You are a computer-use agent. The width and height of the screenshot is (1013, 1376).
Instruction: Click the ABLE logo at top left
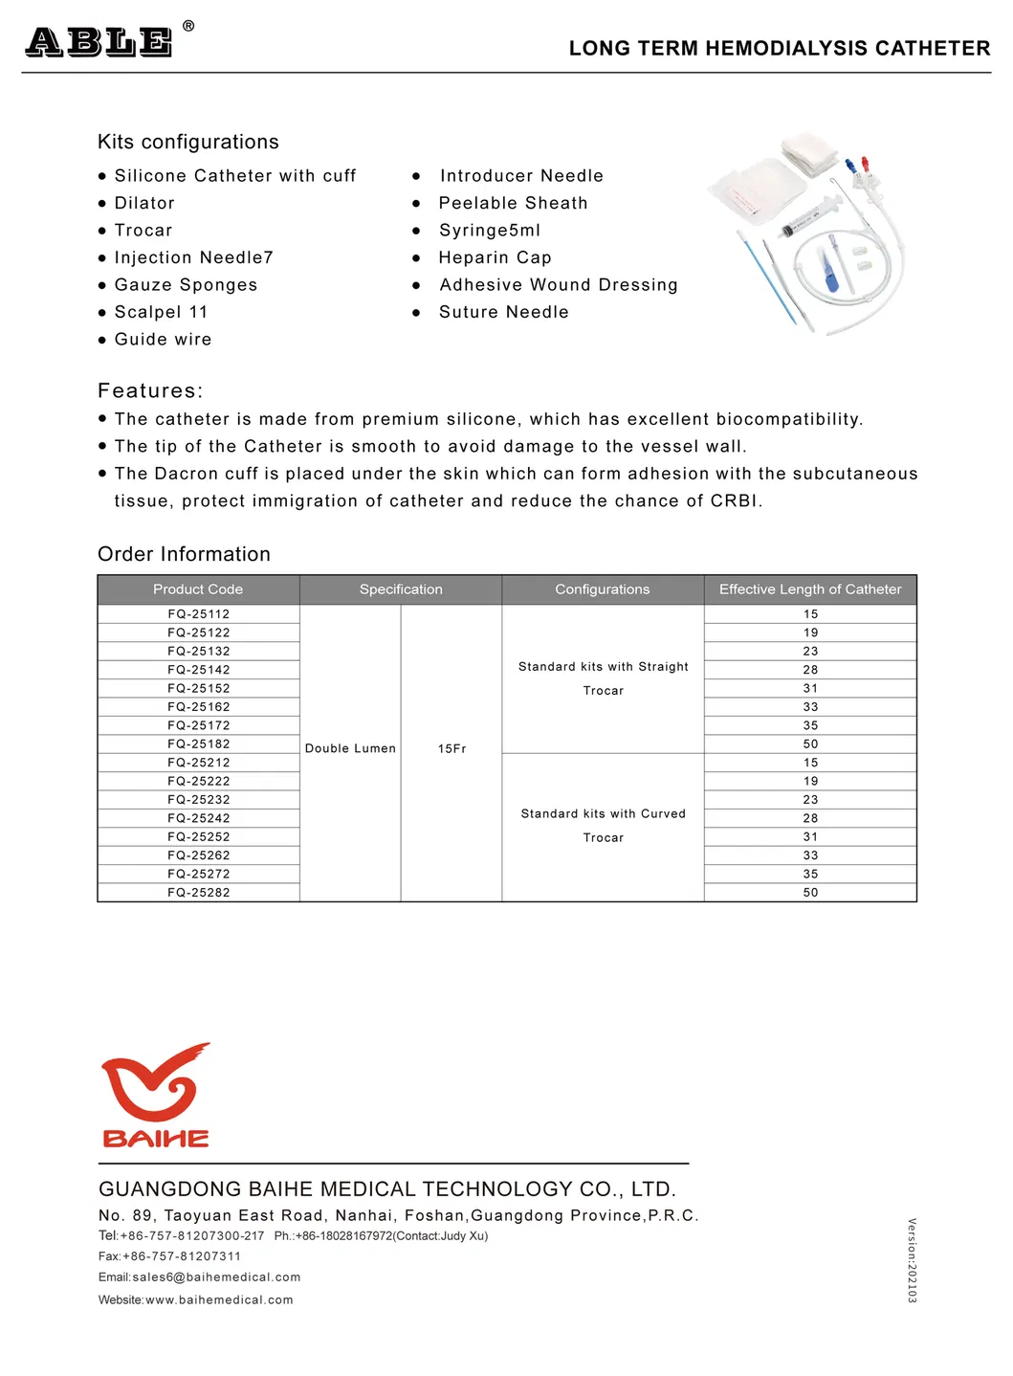99,42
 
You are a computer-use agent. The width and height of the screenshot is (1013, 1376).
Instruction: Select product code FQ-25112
198,614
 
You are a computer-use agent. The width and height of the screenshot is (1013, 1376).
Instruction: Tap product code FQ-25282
198,893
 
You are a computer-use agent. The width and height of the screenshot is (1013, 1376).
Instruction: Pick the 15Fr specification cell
451,749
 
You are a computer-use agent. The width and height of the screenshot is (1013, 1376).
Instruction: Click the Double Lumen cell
350,749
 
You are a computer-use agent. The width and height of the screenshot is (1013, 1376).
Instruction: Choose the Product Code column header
198,589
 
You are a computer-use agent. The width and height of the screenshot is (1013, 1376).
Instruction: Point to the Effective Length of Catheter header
810,589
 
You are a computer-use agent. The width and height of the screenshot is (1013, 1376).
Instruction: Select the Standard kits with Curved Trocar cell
603,825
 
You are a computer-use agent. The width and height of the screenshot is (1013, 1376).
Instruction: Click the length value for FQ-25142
810,670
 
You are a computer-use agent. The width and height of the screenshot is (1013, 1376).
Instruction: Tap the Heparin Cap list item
495,257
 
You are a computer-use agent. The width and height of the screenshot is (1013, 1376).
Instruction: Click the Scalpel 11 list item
161,312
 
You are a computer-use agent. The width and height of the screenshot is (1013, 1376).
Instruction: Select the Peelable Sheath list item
513,203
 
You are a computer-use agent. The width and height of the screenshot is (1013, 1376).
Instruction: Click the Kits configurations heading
188,142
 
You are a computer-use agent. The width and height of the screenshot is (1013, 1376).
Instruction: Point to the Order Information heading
184,554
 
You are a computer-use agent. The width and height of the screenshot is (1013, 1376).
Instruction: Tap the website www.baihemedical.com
219,1300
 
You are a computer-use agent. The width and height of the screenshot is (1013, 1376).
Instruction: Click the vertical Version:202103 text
912,1260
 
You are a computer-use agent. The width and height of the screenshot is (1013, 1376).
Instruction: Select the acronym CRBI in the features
735,501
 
